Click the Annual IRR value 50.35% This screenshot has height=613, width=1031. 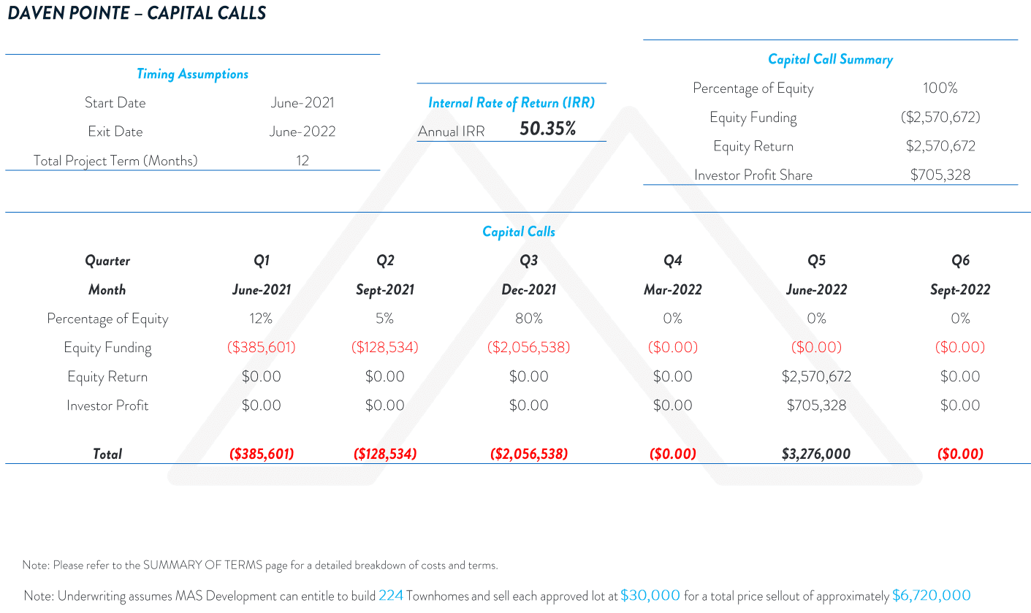(x=547, y=129)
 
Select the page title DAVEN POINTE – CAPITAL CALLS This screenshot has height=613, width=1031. (x=137, y=13)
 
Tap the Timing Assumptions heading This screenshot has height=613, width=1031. (x=192, y=74)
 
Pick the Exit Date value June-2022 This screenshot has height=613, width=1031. (x=303, y=132)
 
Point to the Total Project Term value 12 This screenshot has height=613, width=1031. (x=303, y=161)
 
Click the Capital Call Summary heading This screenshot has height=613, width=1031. (x=830, y=59)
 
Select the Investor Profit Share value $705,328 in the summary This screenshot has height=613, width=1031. (x=940, y=175)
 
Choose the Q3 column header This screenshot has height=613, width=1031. (x=528, y=261)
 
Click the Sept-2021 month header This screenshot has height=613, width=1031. (x=384, y=290)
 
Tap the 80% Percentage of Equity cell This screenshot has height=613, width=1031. (x=528, y=319)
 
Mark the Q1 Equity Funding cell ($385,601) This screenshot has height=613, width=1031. (x=262, y=348)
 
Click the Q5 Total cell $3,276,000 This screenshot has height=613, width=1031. (x=816, y=454)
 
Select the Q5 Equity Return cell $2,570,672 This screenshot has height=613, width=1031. (x=816, y=377)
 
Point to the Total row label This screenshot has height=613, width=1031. (x=107, y=454)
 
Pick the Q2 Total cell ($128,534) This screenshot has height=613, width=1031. (x=384, y=454)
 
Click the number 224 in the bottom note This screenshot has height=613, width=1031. (x=391, y=595)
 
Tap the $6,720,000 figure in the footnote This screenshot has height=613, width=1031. (x=931, y=595)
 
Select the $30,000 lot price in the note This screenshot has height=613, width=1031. (x=650, y=595)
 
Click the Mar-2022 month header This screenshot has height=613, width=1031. (x=672, y=290)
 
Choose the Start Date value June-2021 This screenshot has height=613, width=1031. (x=303, y=103)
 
